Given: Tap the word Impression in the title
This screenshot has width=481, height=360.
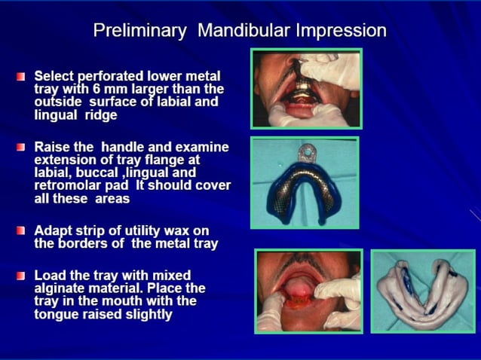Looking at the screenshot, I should [x=339, y=31].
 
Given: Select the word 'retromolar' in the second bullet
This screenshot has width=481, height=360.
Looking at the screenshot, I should [x=71, y=185].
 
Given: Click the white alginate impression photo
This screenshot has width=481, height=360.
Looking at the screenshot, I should [x=421, y=291].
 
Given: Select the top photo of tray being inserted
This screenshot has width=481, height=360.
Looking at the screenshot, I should [x=306, y=87].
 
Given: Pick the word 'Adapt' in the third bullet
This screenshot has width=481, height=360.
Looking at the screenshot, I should [x=57, y=229].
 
